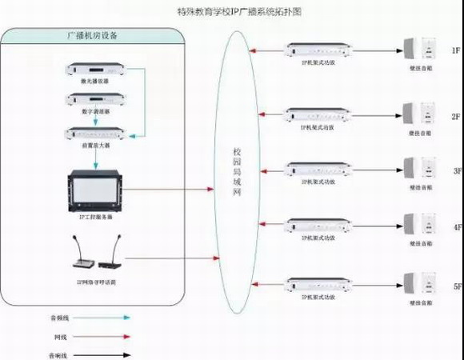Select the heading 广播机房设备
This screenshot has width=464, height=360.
(94, 36)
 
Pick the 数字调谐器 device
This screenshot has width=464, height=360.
(94, 100)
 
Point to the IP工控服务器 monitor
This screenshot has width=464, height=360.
(94, 190)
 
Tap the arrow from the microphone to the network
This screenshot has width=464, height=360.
(172, 258)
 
